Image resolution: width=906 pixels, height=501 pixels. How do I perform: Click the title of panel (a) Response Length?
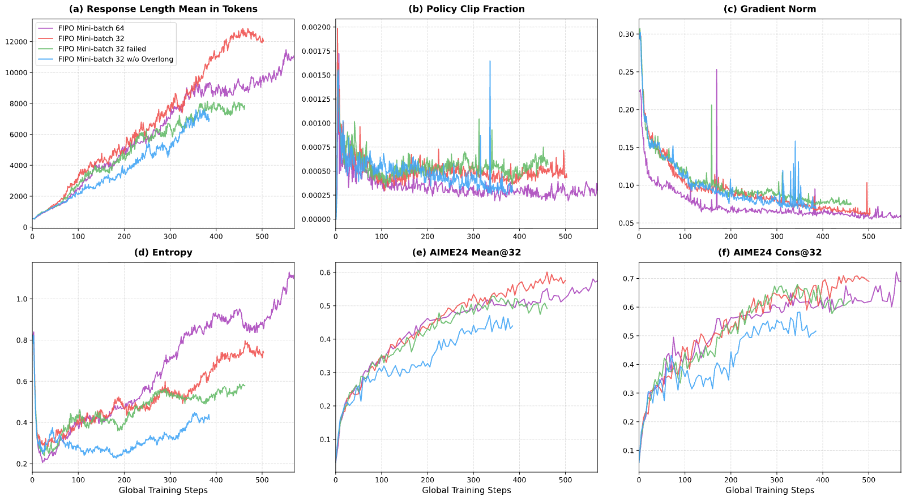(x=164, y=9)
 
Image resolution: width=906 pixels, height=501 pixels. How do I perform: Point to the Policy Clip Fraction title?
(x=467, y=9)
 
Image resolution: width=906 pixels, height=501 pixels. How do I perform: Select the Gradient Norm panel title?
(x=770, y=9)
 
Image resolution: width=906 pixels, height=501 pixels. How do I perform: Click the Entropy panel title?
(x=164, y=253)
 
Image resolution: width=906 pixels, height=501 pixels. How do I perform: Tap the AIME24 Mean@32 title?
(x=467, y=253)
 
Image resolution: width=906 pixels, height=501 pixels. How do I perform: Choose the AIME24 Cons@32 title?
(x=770, y=253)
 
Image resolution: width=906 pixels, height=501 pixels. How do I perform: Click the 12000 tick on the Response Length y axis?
(x=16, y=42)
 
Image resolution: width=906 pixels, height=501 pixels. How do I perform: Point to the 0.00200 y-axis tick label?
(x=316, y=28)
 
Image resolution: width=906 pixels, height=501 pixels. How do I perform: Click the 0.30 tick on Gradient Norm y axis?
(x=626, y=34)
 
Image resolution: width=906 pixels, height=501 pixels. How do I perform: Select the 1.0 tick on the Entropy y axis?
(x=22, y=299)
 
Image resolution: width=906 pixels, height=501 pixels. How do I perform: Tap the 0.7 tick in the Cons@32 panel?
(x=629, y=279)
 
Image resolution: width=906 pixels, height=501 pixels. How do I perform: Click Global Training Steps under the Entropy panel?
(x=164, y=490)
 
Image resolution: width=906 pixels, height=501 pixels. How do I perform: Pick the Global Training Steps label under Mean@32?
(x=467, y=490)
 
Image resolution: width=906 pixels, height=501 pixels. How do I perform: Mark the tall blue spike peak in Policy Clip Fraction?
(x=490, y=62)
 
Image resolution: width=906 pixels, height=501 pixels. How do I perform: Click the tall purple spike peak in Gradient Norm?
(x=716, y=70)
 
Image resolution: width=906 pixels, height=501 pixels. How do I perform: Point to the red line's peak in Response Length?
(x=243, y=29)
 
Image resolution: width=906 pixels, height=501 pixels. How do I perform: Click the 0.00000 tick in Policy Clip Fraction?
(x=316, y=219)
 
